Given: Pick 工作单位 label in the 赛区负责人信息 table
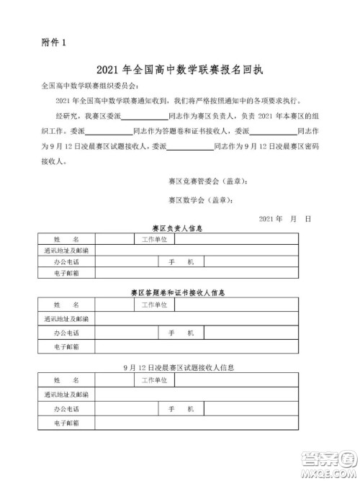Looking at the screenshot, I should point(154,238).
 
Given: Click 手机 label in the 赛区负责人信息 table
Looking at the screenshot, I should point(176,262).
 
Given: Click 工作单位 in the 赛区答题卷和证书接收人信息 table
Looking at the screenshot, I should point(154,304).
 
